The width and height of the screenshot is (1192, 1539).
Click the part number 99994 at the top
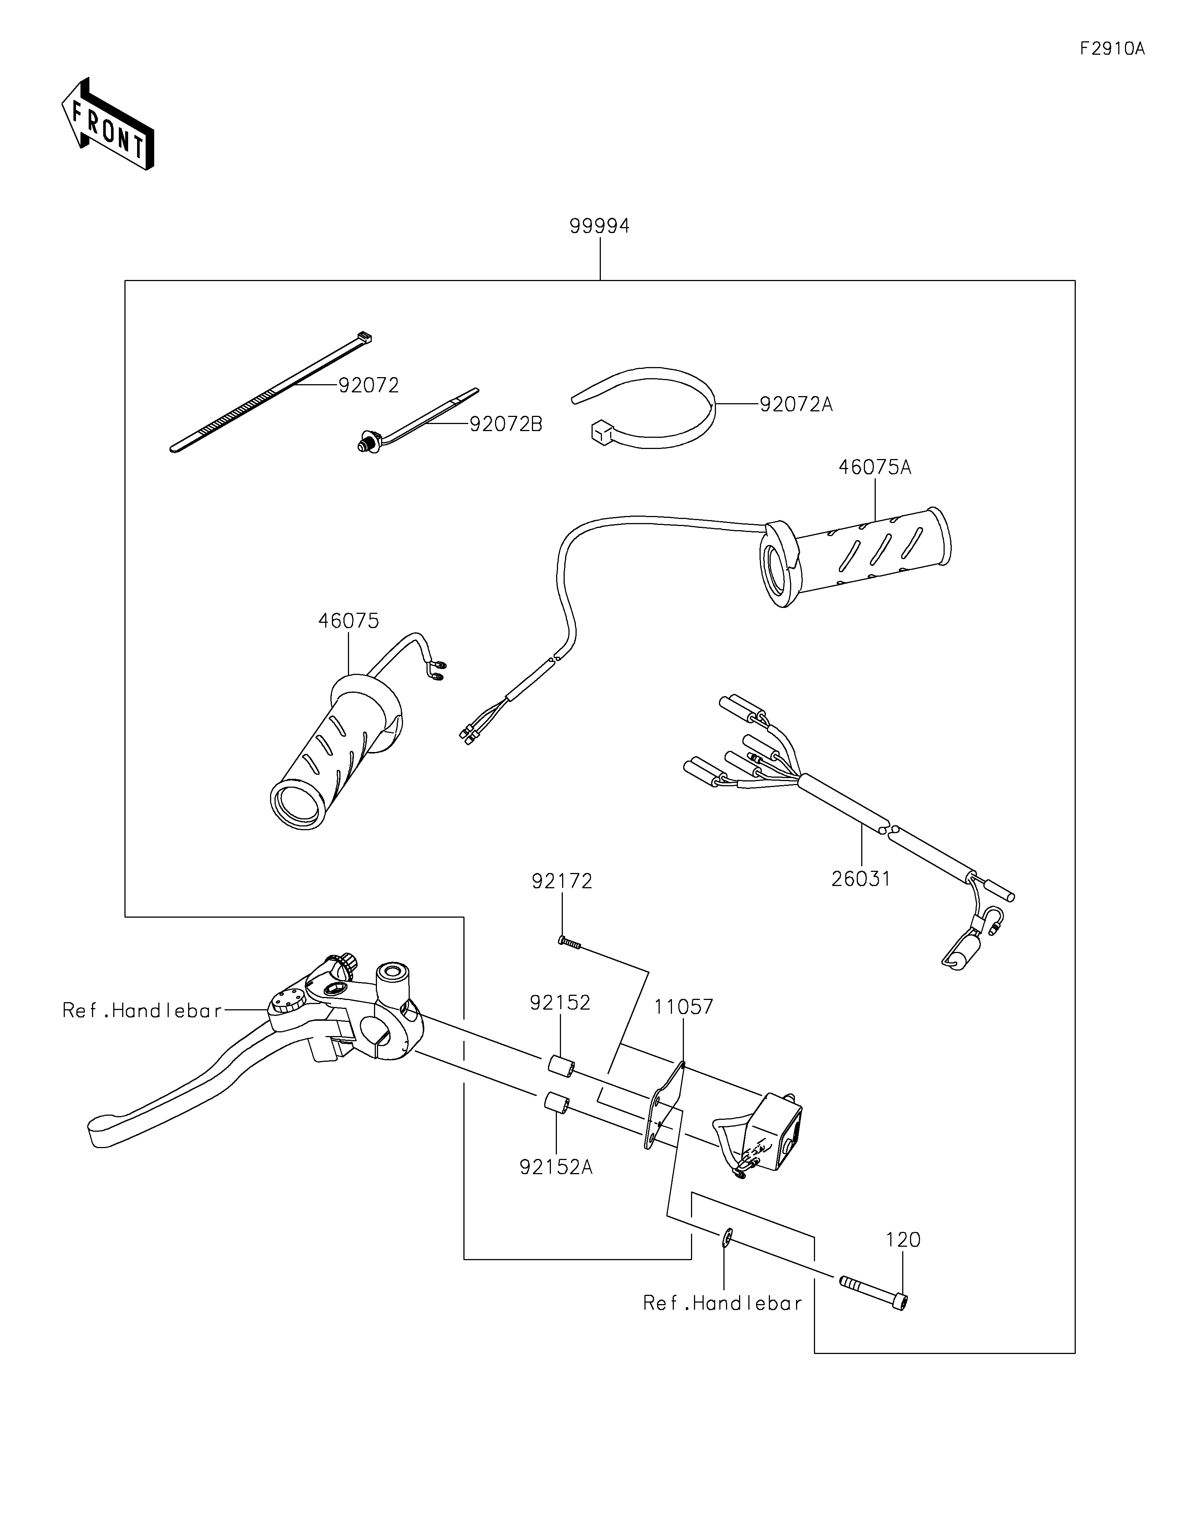[x=599, y=226]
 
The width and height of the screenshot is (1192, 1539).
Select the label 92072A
[x=796, y=404]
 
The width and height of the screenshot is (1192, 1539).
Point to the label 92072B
[x=506, y=424]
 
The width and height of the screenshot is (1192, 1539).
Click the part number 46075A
[x=874, y=467]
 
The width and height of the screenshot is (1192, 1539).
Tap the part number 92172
[x=562, y=881]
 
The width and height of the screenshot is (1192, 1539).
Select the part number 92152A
[x=556, y=1167]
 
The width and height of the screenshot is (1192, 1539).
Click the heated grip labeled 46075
[x=331, y=754]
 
